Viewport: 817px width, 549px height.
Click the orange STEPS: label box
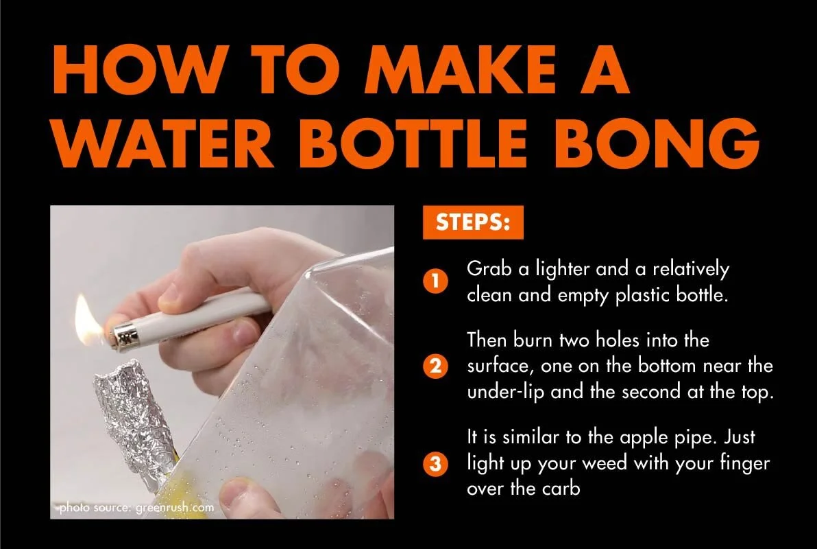[473, 224]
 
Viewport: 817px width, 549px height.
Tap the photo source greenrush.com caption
[136, 509]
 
